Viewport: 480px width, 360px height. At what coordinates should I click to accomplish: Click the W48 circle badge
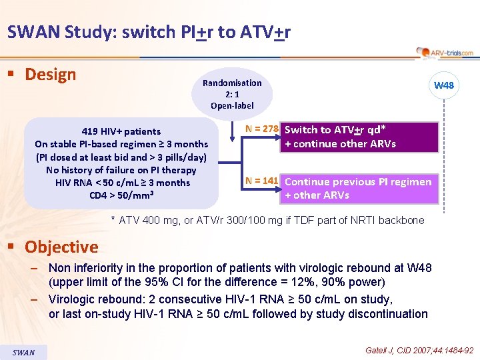click(443, 85)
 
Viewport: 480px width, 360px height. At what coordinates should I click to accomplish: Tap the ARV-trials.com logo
click(445, 52)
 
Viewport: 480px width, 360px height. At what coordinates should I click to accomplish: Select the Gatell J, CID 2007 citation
click(419, 350)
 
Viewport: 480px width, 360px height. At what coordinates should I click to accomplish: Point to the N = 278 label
click(261, 129)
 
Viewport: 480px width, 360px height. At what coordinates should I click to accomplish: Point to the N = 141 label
click(261, 181)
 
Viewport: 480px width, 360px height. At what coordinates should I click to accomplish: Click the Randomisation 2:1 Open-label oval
click(232, 94)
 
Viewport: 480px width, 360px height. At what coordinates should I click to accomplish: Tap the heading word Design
click(51, 74)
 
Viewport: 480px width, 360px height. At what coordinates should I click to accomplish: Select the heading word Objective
click(61, 247)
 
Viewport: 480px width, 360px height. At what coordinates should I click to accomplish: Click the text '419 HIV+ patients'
click(121, 131)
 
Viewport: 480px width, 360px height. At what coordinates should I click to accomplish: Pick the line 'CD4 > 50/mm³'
click(121, 195)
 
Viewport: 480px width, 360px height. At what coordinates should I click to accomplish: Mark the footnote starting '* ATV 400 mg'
click(267, 220)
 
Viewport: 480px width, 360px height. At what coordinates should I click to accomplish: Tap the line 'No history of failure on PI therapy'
click(121, 170)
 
